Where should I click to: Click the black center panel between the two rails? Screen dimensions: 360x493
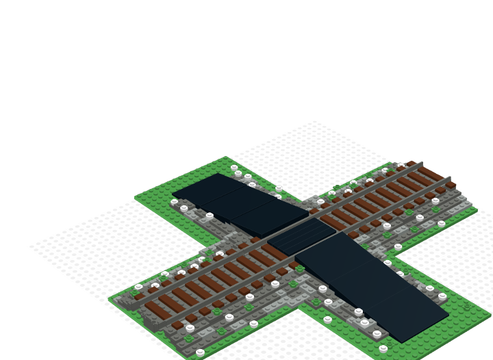point(301,236)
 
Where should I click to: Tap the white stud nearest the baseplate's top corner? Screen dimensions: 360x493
point(234,168)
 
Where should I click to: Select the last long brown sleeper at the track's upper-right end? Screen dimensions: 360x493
point(431,174)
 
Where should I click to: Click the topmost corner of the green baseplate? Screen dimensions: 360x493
point(225,157)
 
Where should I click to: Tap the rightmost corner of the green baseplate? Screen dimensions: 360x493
point(490,315)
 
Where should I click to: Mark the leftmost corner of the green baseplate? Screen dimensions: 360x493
point(109,299)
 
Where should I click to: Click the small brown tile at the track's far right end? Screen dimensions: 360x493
point(451,185)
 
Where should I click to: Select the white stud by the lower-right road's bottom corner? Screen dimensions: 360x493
point(383,348)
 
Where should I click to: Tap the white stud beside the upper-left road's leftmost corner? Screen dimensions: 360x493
point(175,202)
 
